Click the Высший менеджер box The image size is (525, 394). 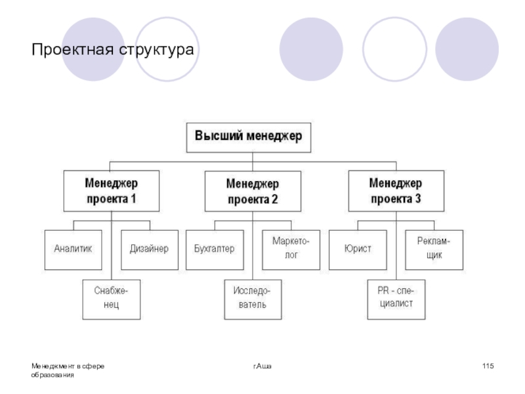pos(247,137)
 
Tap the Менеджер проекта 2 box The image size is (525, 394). pos(253,190)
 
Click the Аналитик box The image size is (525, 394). pos(73,249)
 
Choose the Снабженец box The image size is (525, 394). pos(111,299)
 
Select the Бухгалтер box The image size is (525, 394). pos(214,249)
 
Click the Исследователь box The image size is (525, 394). pos(253,299)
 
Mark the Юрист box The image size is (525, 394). pos(357,249)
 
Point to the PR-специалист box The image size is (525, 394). pos(396,298)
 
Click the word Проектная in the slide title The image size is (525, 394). pos(70,50)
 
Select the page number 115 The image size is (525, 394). pos(488,365)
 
